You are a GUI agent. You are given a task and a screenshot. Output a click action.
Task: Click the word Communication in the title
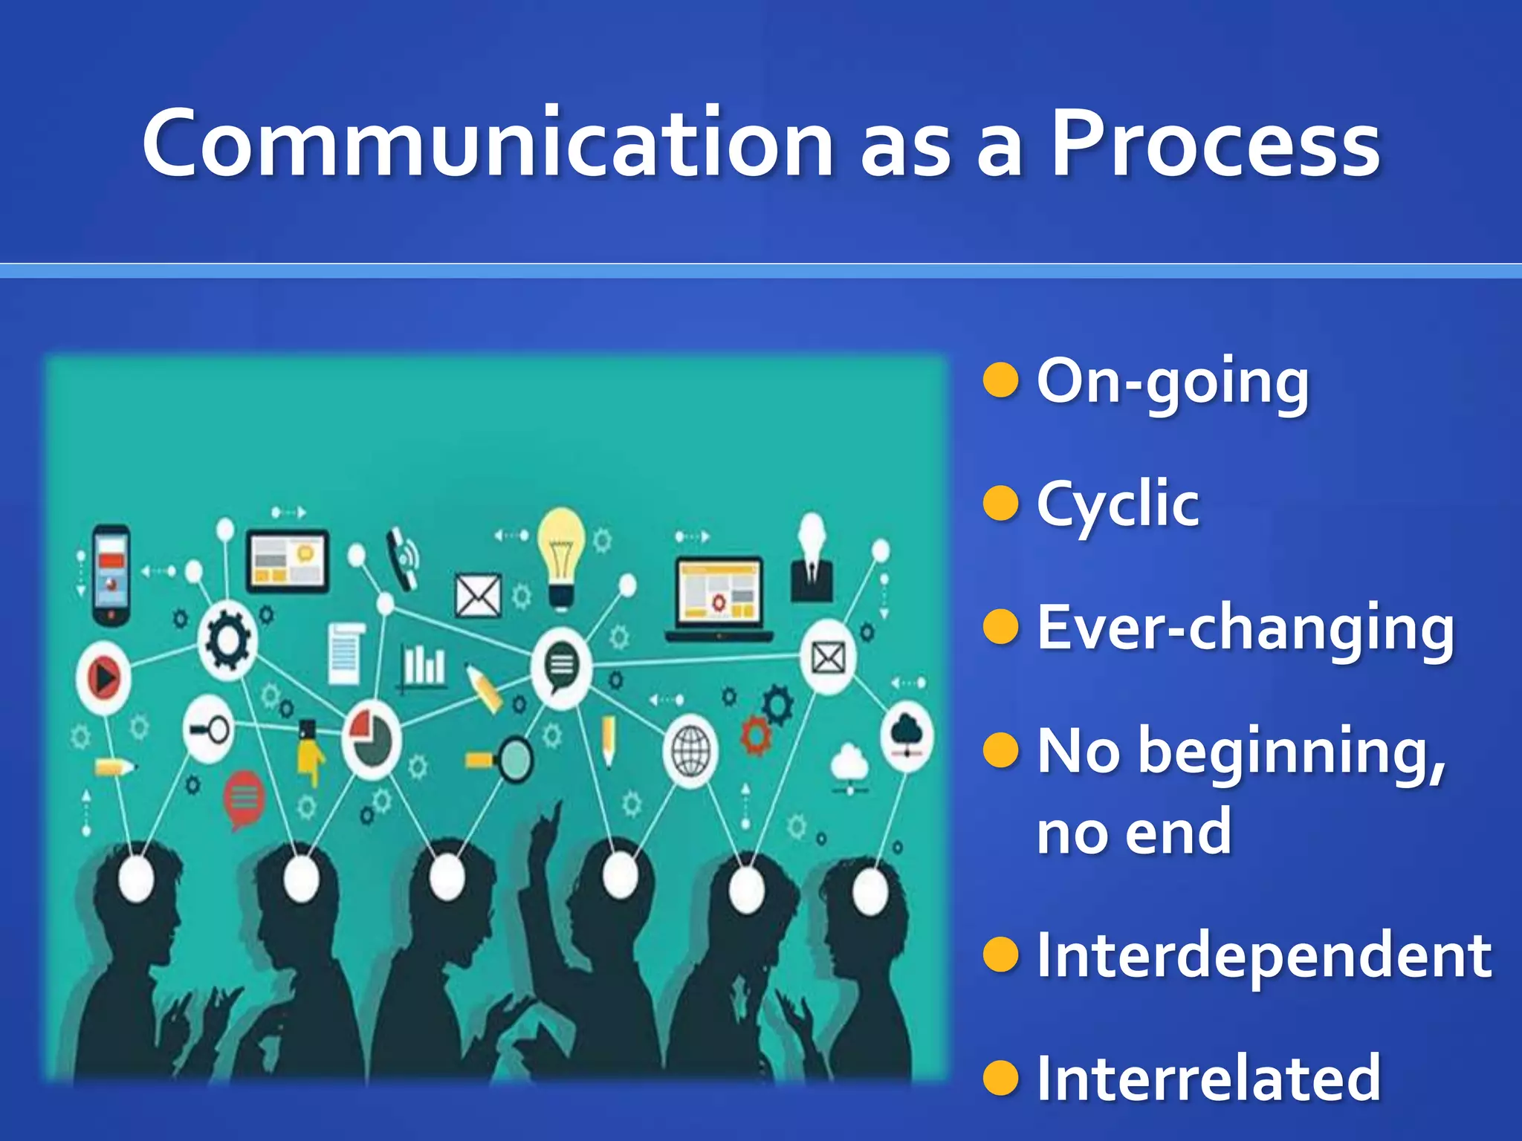point(487,143)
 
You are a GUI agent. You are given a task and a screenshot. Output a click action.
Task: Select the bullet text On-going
point(1172,383)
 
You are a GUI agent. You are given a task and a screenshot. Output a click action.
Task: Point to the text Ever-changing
point(1245,628)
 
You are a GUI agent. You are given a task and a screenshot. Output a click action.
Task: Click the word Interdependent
point(1263,955)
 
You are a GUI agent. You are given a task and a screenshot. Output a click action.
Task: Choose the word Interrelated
point(1208,1078)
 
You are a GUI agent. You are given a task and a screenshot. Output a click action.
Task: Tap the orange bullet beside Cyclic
point(1000,503)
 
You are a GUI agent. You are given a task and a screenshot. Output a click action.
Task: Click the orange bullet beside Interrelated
point(1000,1078)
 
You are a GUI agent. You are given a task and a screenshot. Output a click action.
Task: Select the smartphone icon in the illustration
point(111,575)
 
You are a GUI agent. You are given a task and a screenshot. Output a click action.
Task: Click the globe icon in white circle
point(690,751)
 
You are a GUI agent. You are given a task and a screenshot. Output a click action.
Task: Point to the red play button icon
point(104,677)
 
